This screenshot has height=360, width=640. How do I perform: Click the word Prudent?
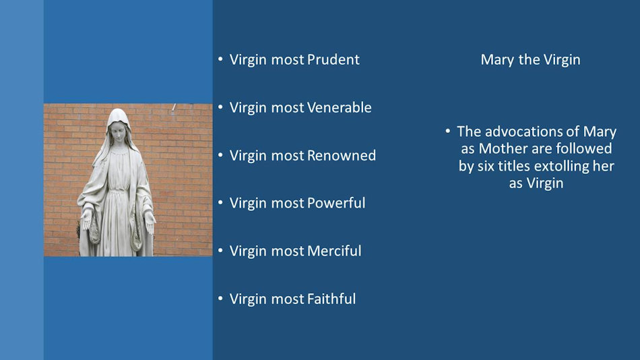(x=333, y=60)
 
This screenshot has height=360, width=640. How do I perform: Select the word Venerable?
(x=339, y=108)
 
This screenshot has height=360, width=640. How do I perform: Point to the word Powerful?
(x=335, y=203)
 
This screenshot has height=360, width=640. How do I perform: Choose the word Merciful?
(x=334, y=251)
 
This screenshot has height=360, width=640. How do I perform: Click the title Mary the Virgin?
(x=530, y=60)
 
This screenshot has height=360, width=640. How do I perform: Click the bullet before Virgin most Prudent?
(x=220, y=60)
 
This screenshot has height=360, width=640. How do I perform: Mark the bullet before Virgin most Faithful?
(x=220, y=299)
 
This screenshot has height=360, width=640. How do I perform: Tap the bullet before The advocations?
(x=447, y=131)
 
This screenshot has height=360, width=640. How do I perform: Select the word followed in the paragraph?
(x=579, y=148)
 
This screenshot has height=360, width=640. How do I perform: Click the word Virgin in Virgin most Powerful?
(x=248, y=203)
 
